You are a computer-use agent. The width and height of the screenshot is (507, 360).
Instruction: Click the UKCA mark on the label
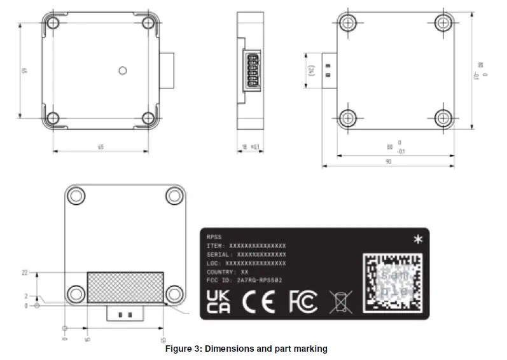pyautogui.click(x=220, y=301)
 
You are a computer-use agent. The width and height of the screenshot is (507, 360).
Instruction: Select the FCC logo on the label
pyautogui.click(x=303, y=302)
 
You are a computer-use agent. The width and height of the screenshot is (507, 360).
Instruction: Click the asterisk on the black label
pyautogui.click(x=417, y=240)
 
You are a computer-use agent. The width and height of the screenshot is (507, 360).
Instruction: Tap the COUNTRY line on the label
pyautogui.click(x=227, y=272)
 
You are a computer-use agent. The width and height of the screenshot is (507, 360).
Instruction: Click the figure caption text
pyautogui.click(x=246, y=349)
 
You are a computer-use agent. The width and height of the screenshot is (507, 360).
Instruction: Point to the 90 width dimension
pyautogui.click(x=388, y=162)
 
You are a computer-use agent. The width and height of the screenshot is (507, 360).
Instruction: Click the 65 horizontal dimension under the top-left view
pyautogui.click(x=101, y=147)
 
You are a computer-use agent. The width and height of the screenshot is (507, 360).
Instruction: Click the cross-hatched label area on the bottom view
pyautogui.click(x=125, y=287)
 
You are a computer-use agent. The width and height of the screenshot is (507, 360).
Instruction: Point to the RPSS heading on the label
pyautogui.click(x=214, y=236)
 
